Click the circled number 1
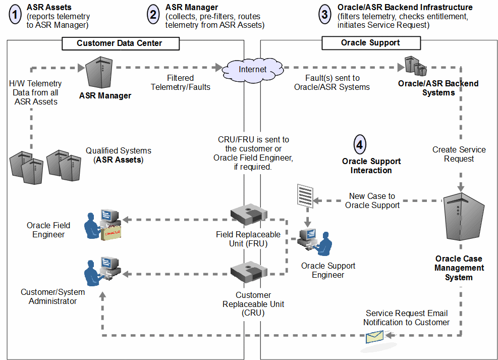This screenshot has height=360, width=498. coord(16,15)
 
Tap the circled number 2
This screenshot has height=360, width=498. coord(153,15)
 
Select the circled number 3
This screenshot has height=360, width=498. coord(325,15)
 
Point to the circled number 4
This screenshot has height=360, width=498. coord(359,144)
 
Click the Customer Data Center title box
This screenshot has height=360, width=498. coord(120,43)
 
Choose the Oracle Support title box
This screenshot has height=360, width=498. coord(370,43)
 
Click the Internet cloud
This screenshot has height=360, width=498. coord(252,69)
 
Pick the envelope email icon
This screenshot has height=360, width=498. coord(375,337)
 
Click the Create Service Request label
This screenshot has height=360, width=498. coord(459,154)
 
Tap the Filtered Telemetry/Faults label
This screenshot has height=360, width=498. coord(180,82)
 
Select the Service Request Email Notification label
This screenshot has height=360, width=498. coord(406,318)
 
